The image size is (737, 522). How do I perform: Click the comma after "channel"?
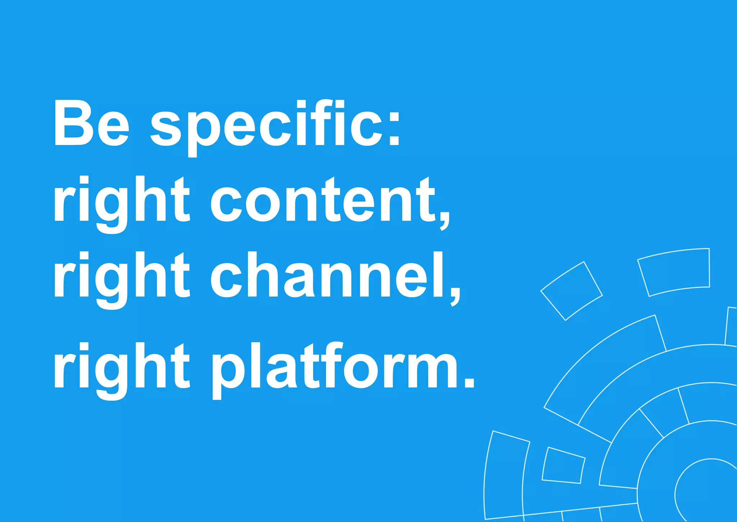pos(456,295)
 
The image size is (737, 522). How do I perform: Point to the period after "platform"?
pos(469,382)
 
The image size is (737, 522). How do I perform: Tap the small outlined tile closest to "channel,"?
pos(571,291)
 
